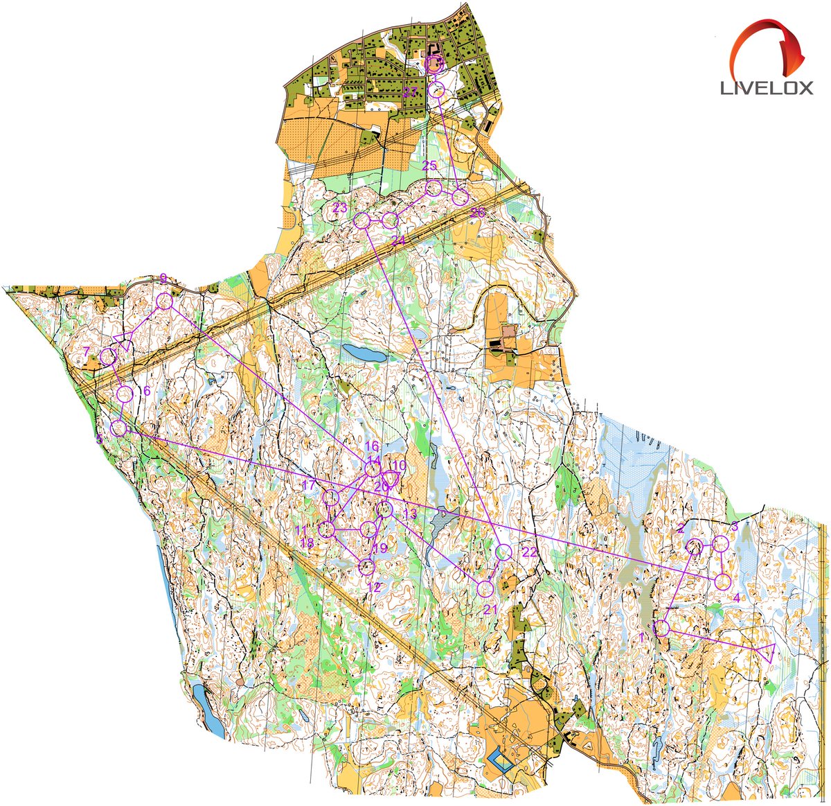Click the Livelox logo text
pyautogui.click(x=767, y=88)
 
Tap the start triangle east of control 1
pyautogui.click(x=767, y=652)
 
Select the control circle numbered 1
pyautogui.click(x=661, y=629)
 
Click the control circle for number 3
pyautogui.click(x=721, y=543)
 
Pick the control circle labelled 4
pyautogui.click(x=722, y=581)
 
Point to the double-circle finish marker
pyautogui.click(x=434, y=64)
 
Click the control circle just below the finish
pyautogui.click(x=436, y=89)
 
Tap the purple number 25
pyautogui.click(x=429, y=166)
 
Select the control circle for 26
pyautogui.click(x=461, y=198)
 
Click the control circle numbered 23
pyautogui.click(x=361, y=220)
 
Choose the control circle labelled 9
pyautogui.click(x=165, y=301)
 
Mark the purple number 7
pyautogui.click(x=86, y=351)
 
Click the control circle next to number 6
pyautogui.click(x=125, y=394)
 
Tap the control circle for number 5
pyautogui.click(x=118, y=428)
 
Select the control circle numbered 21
pyautogui.click(x=485, y=589)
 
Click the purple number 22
pyautogui.click(x=530, y=552)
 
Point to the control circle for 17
pyautogui.click(x=331, y=497)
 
